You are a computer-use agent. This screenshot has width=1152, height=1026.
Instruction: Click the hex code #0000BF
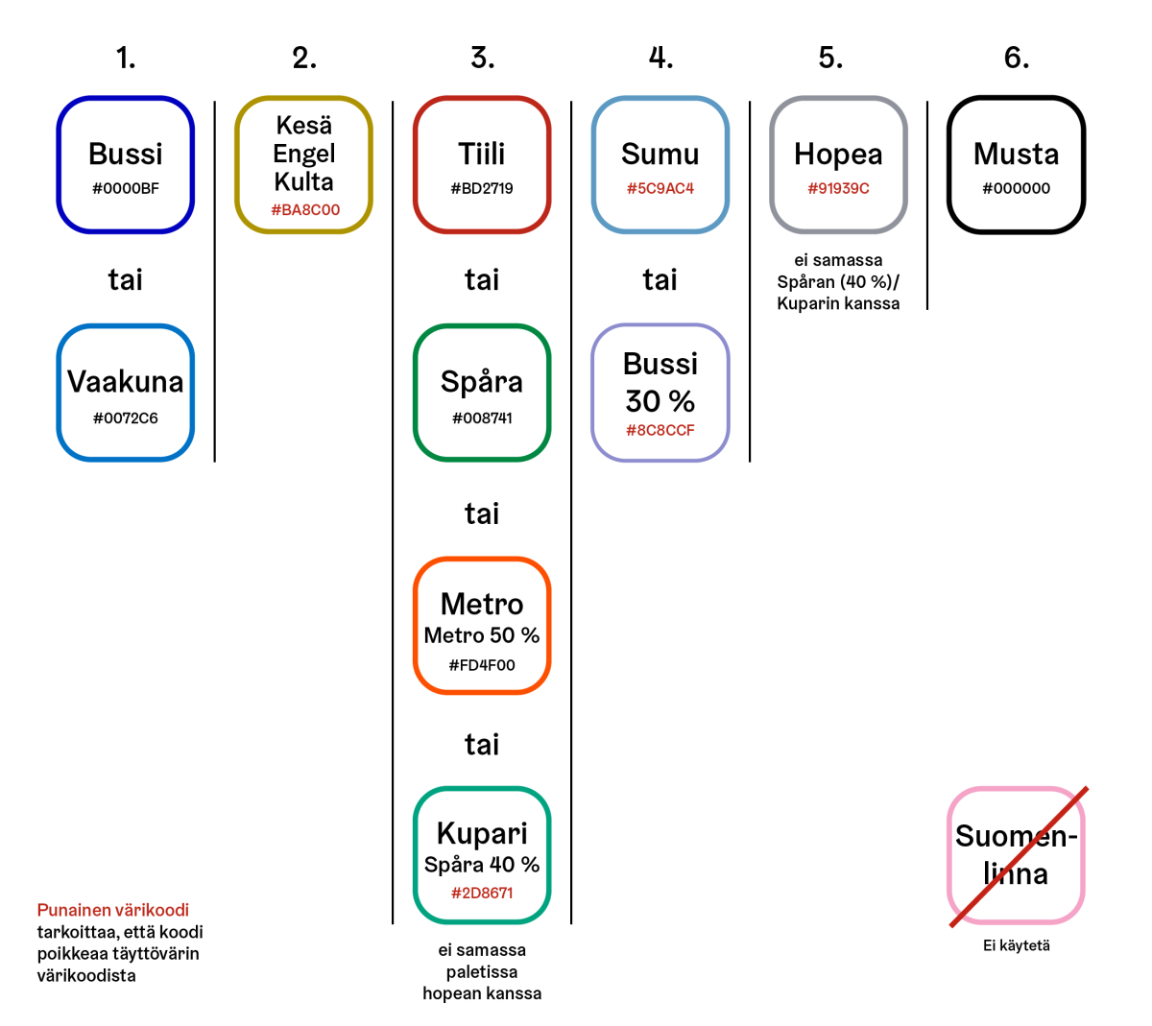(126, 189)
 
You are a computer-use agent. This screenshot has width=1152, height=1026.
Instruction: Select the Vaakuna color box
(126, 393)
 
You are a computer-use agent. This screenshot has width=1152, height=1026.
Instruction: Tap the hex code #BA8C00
(304, 210)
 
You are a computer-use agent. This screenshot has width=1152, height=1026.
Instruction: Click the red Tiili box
(482, 164)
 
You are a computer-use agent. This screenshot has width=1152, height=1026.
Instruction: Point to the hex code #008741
(482, 418)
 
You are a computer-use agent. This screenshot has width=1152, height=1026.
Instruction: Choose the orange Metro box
(482, 625)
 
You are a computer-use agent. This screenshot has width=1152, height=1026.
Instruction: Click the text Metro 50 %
(482, 635)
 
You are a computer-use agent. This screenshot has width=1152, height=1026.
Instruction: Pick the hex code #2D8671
(482, 893)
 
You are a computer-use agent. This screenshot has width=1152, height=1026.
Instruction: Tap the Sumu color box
(660, 164)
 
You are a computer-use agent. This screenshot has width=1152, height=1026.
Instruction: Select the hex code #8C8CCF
(660, 430)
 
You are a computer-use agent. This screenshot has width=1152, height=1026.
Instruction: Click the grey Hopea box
(838, 164)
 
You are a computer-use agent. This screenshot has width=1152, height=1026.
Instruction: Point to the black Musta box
(1017, 164)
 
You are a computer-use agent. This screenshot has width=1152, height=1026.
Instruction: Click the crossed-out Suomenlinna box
(1017, 855)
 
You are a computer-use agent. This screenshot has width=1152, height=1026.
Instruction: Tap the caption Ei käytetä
(1017, 945)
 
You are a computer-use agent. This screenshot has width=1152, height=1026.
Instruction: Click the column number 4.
(660, 58)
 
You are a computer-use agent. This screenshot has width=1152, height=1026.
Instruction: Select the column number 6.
(1017, 58)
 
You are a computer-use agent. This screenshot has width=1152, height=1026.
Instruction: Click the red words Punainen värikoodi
(113, 910)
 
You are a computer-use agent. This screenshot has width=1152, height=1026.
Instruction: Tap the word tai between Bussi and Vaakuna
(126, 280)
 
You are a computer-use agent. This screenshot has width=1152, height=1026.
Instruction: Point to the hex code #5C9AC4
(660, 189)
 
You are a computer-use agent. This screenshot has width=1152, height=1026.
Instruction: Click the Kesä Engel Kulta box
(304, 164)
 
